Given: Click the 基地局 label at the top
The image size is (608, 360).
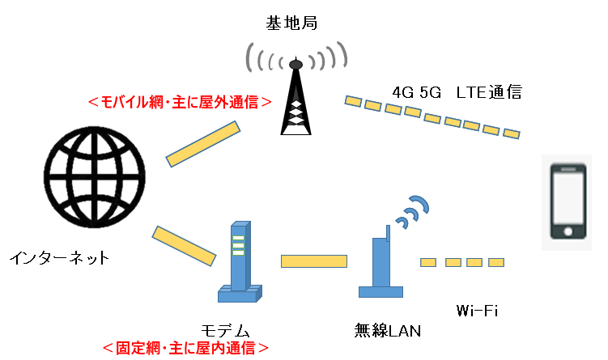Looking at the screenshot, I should coord(291,23).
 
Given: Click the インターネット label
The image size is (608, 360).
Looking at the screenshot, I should coord(58,259).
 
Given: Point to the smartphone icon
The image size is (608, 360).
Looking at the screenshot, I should coord(568,201).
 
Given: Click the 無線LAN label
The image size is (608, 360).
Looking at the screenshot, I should coord(388,330).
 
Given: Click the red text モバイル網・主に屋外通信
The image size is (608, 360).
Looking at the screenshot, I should coord(179,103).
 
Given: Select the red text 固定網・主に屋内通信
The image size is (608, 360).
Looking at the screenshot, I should coord(185,349).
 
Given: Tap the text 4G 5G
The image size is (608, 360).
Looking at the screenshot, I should coord(416,92).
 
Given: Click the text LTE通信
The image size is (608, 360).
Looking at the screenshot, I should coord(489,92).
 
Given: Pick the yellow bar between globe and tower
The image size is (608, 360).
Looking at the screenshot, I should coord(203,144).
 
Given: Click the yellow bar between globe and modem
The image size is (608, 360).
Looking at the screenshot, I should coord(185,244).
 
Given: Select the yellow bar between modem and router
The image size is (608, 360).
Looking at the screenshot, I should coord(314,260).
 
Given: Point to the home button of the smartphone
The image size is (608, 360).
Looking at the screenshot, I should coord(568,231).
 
